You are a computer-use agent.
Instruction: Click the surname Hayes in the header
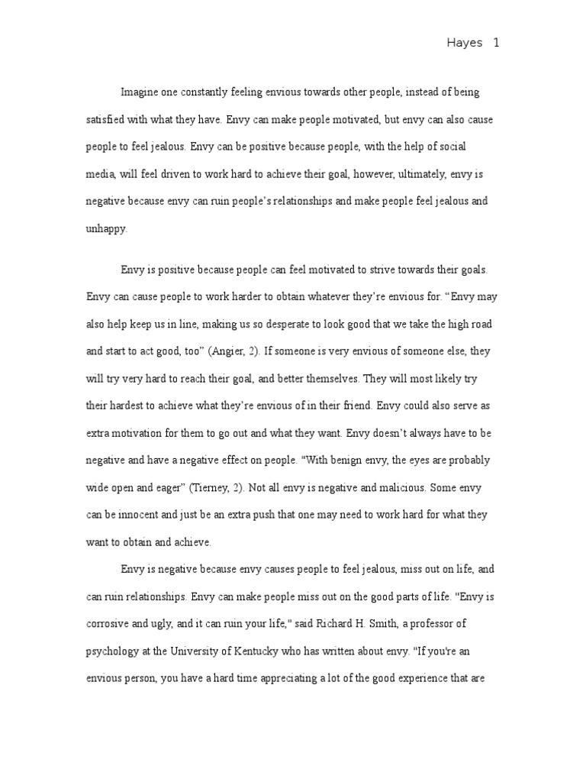[x=464, y=44]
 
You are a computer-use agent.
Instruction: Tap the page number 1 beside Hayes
[x=496, y=44]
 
